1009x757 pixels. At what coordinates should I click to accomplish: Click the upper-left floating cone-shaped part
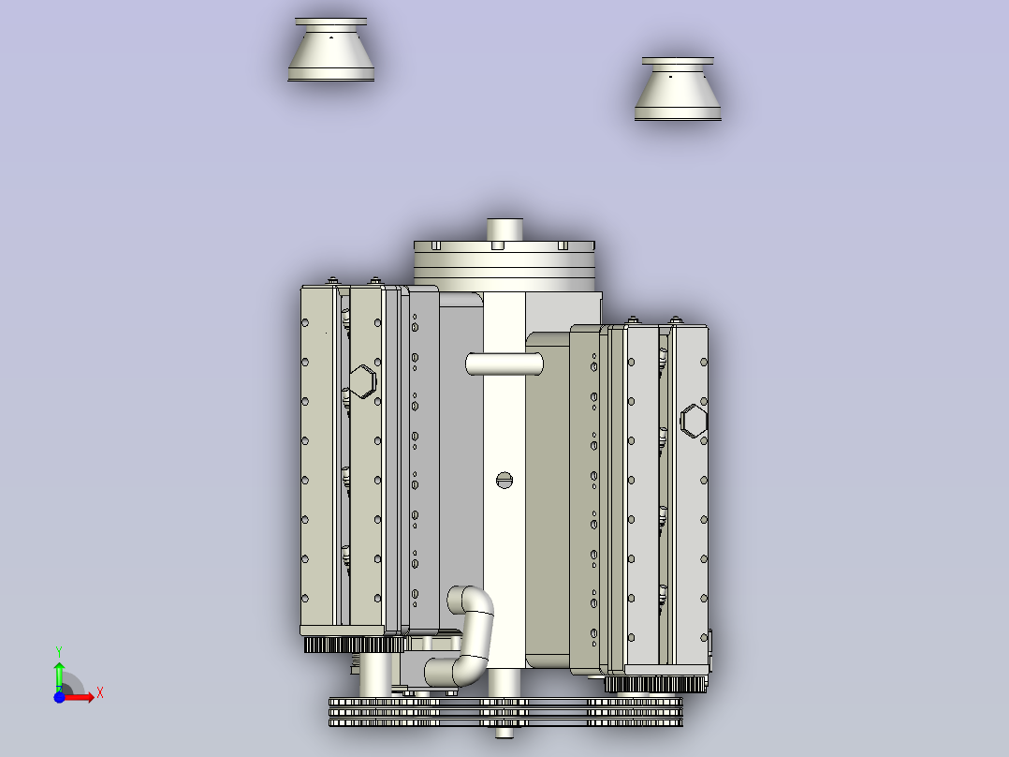(x=331, y=54)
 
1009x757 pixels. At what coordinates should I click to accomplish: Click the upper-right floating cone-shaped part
(x=678, y=92)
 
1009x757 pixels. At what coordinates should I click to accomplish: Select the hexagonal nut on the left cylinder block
(x=362, y=381)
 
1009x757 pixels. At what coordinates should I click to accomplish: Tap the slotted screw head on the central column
(x=504, y=481)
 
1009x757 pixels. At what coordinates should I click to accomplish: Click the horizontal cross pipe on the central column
(x=504, y=364)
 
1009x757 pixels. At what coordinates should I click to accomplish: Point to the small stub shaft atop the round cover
(x=504, y=230)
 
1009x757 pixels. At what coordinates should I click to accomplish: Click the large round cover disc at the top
(x=504, y=263)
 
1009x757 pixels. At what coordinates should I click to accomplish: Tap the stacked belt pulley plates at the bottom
(x=505, y=713)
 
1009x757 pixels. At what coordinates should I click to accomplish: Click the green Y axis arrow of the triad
(x=58, y=671)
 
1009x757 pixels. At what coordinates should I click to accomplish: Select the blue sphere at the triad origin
(x=59, y=697)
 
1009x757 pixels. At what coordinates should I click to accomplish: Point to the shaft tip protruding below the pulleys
(x=504, y=735)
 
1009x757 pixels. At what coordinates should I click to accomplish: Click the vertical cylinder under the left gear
(x=376, y=675)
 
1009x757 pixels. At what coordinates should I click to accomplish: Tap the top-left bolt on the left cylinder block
(x=332, y=280)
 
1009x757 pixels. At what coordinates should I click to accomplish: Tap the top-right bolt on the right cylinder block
(x=675, y=321)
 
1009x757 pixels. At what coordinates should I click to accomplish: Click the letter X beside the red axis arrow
(x=99, y=693)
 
